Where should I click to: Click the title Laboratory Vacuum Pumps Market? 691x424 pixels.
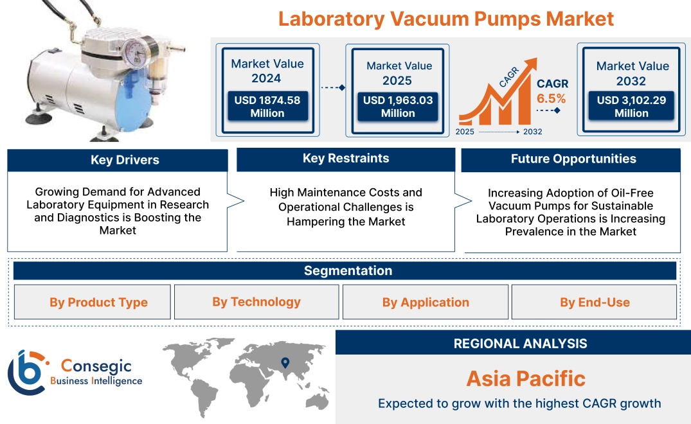click(445, 19)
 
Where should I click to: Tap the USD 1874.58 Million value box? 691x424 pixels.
click(267, 107)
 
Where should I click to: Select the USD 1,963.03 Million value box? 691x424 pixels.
click(398, 107)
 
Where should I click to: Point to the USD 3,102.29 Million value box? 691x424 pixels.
click(631, 107)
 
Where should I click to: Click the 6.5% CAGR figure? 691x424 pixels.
click(552, 99)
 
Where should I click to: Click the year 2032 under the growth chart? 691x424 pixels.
click(532, 132)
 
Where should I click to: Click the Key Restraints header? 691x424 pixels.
click(346, 159)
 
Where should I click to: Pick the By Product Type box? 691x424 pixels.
click(98, 303)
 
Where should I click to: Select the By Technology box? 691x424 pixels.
click(256, 302)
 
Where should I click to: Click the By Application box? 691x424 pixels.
click(426, 303)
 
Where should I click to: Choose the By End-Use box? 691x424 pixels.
click(595, 303)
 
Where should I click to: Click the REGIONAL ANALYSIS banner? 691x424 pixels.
click(520, 344)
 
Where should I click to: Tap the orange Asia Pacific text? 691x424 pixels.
click(526, 378)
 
